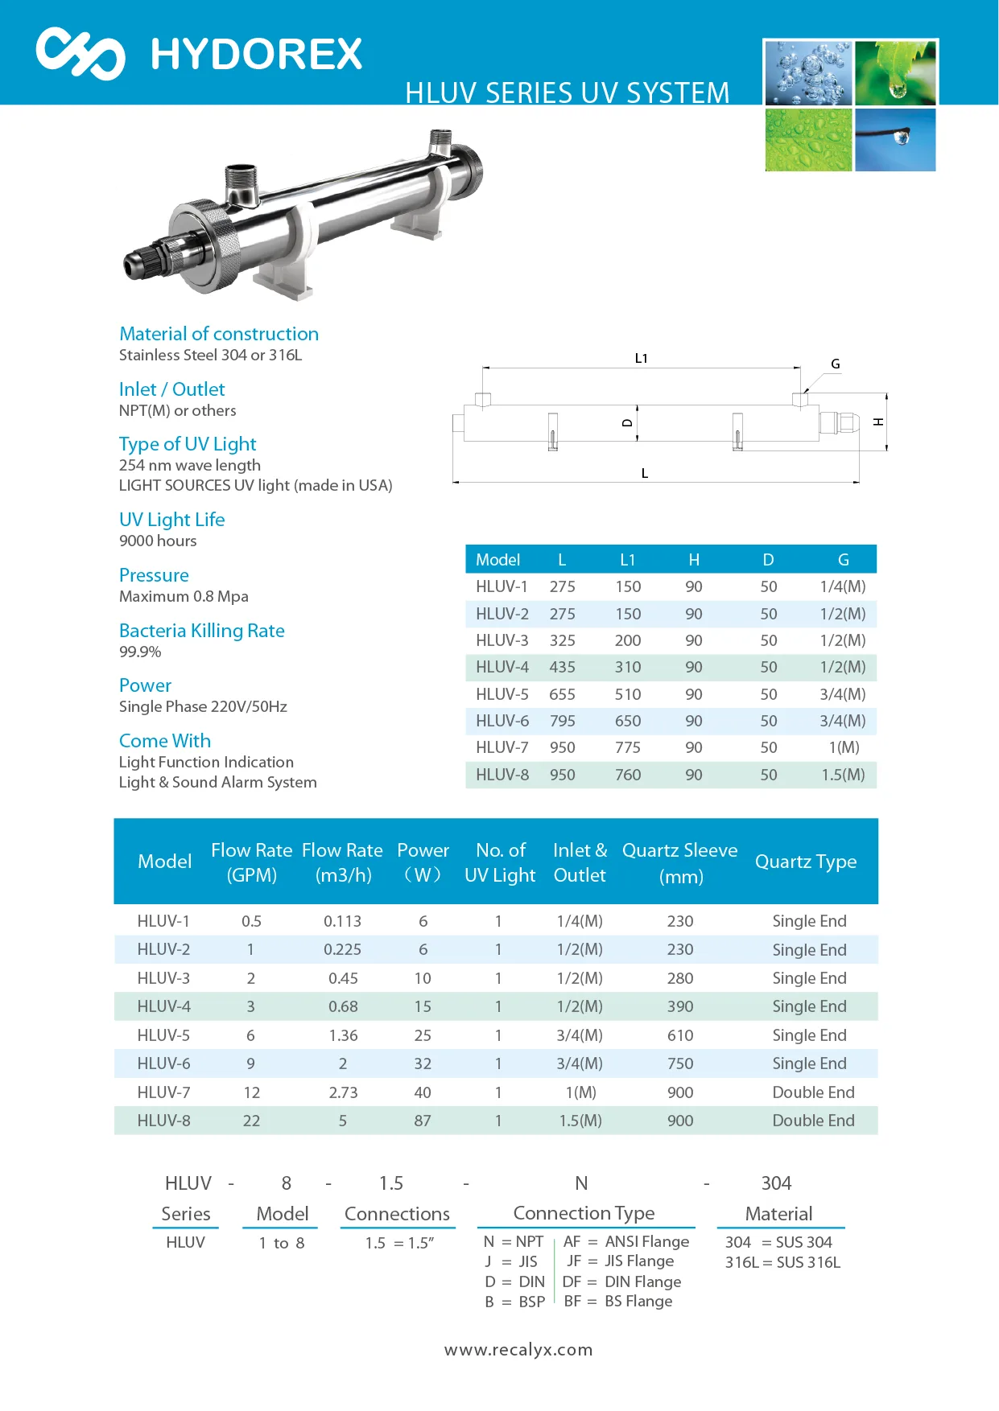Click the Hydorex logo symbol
80,54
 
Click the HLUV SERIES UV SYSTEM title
567,93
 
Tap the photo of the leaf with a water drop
895,73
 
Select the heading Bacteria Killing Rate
201,631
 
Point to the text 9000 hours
158,541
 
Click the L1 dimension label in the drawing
641,359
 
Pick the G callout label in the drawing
836,364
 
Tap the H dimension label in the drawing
878,422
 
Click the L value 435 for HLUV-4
562,668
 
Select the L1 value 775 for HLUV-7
628,748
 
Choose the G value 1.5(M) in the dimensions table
843,775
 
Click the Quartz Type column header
805,862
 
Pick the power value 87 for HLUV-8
423,1121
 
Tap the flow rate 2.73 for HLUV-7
343,1092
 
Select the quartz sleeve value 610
680,1035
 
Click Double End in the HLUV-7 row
813,1092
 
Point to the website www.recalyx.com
518,1350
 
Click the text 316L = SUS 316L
782,1262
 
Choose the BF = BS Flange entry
618,1302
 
